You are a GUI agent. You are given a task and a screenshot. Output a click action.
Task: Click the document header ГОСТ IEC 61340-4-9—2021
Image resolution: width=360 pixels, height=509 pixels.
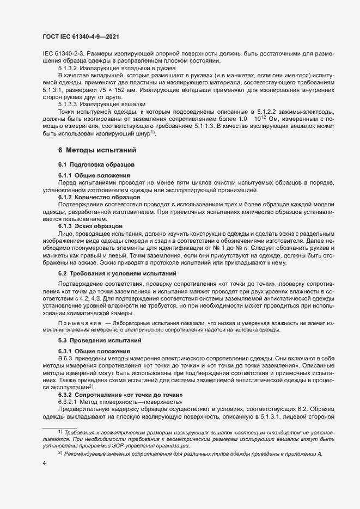tap(81, 37)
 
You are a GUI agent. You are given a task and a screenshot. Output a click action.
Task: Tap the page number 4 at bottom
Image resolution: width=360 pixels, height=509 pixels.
tap(44, 463)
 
